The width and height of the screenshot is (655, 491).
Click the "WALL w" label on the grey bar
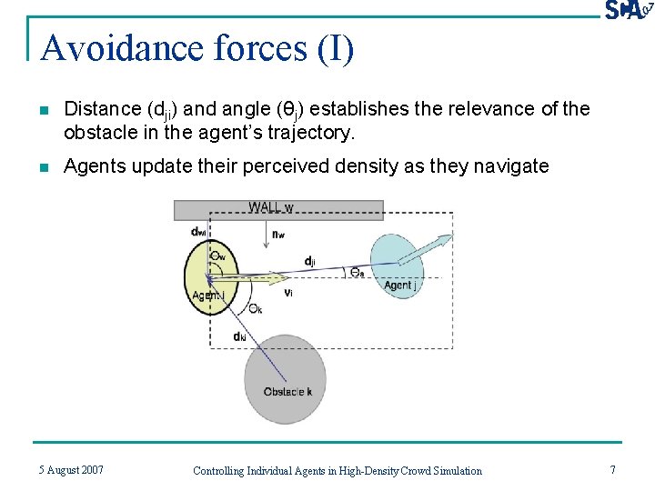coord(270,208)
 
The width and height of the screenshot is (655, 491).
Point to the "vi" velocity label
coord(287,293)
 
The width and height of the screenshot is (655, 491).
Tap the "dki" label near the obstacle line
coord(239,337)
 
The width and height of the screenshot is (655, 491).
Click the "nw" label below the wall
coord(278,234)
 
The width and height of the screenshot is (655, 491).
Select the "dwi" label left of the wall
coord(198,233)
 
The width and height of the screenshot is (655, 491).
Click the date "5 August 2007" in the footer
coord(71,469)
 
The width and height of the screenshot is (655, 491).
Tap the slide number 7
coord(612,469)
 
